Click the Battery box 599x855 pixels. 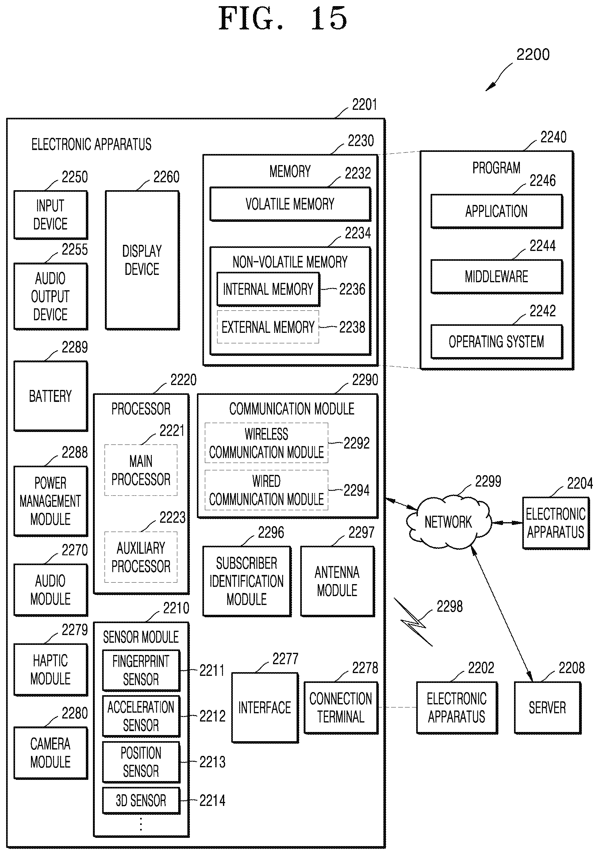point(51,396)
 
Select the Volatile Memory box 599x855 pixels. point(290,204)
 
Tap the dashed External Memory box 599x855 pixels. point(268,327)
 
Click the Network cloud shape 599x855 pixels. point(448,522)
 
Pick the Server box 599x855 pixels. point(547,707)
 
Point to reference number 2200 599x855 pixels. point(533,55)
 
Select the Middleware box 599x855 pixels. point(497,277)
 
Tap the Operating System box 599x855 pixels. point(497,342)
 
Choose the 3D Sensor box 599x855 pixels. point(141,801)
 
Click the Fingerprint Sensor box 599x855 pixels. point(141,670)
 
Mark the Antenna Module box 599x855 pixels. point(337,581)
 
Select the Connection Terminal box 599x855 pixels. point(341,707)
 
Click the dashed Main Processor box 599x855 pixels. point(141,470)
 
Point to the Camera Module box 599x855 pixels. point(51,753)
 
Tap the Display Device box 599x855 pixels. point(142,260)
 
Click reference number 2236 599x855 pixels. point(352,289)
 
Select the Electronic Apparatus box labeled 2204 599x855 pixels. point(556,523)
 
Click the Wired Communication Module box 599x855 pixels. point(267,490)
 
